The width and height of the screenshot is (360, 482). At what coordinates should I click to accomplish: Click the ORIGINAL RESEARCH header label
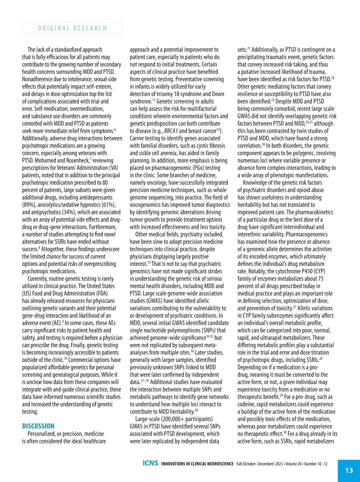pyautogui.click(x=72, y=28)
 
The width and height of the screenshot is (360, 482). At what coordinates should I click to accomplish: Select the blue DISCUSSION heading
pyautogui.click(x=38, y=426)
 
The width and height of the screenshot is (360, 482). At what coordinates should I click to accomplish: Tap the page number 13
pyautogui.click(x=349, y=470)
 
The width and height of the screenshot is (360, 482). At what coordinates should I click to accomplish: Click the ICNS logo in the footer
pyautogui.click(x=150, y=463)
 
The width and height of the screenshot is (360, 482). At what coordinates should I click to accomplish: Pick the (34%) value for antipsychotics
pyautogui.click(x=68, y=212)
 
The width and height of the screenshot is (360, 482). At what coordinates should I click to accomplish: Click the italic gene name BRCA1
pyautogui.click(x=171, y=131)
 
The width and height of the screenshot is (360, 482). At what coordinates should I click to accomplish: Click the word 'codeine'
pyautogui.click(x=247, y=404)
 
